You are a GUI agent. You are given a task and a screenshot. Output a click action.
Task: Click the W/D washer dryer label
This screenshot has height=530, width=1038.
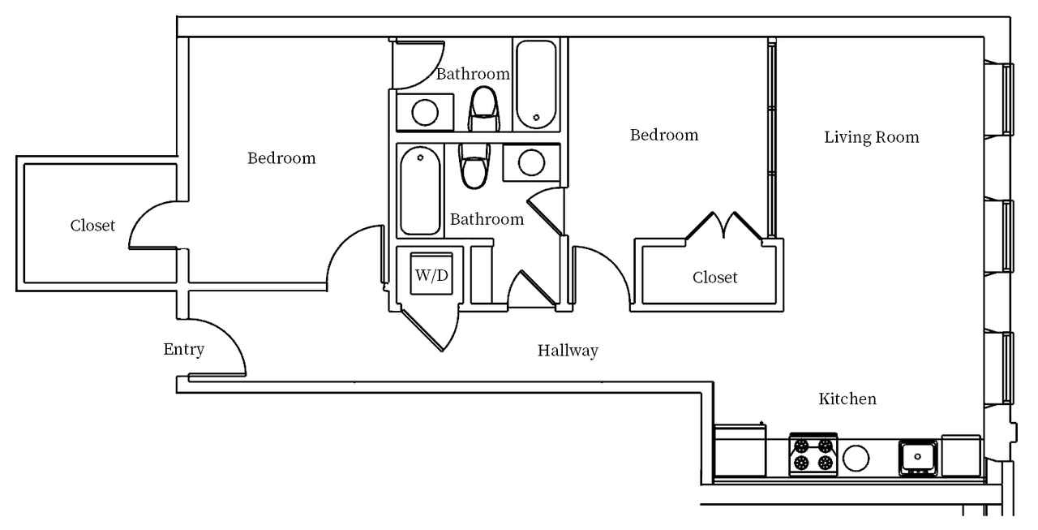click(431, 275)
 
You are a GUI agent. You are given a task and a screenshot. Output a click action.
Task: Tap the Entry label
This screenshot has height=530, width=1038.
click(184, 350)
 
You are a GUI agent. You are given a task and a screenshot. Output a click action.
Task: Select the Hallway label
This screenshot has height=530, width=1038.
click(568, 351)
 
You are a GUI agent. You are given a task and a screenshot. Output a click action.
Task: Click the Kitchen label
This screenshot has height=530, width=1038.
click(847, 399)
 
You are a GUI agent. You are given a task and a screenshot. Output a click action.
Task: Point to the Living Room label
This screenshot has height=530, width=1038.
click(872, 137)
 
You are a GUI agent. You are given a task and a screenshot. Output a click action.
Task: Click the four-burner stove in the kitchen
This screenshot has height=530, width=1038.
click(813, 455)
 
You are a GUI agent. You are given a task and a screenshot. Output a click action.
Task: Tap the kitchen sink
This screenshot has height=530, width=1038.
click(918, 457)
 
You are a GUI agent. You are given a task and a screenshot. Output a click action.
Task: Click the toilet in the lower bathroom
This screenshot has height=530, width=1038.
click(474, 166)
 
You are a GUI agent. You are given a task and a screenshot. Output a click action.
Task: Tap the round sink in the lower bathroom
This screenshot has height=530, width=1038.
click(531, 162)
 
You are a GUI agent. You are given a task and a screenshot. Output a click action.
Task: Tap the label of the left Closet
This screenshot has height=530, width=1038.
click(92, 226)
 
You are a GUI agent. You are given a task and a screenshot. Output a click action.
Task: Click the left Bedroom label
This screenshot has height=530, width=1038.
click(281, 158)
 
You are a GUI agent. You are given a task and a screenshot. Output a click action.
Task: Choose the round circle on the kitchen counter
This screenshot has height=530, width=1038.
click(856, 458)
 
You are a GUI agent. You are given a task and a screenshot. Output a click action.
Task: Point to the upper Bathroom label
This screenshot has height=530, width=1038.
click(473, 74)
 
